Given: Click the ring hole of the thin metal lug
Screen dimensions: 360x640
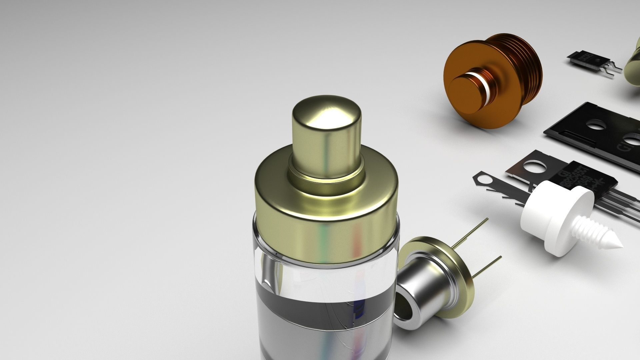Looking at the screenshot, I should click(484, 180).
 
